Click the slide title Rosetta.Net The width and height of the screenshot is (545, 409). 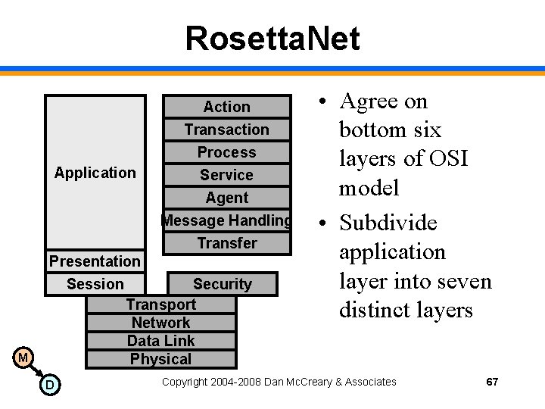pyautogui.click(x=272, y=39)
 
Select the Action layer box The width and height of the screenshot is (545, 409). pyautogui.click(x=227, y=107)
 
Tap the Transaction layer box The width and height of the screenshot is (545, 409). pyautogui.click(x=227, y=130)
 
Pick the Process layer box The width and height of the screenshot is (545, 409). pyautogui.click(x=227, y=152)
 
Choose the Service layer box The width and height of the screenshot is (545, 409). pyautogui.click(x=227, y=175)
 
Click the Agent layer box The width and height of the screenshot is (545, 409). pyautogui.click(x=227, y=198)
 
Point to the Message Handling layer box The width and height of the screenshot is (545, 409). pyautogui.click(x=227, y=220)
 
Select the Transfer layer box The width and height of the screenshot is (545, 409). pyautogui.click(x=227, y=243)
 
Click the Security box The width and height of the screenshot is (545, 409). pyautogui.click(x=222, y=284)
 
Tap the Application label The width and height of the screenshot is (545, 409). pyautogui.click(x=95, y=173)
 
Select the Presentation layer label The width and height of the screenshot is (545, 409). pyautogui.click(x=95, y=261)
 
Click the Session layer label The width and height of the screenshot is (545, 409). pyautogui.click(x=95, y=284)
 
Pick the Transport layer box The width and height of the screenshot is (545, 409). pyautogui.click(x=161, y=304)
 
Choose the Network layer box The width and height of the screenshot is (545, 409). pyautogui.click(x=161, y=323)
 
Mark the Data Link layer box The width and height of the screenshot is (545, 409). pyautogui.click(x=161, y=341)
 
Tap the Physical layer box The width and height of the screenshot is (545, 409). pyautogui.click(x=161, y=359)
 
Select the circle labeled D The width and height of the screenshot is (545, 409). pyautogui.click(x=49, y=386)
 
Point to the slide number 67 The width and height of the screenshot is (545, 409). pyautogui.click(x=492, y=382)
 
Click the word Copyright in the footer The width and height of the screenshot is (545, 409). pyautogui.click(x=185, y=382)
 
